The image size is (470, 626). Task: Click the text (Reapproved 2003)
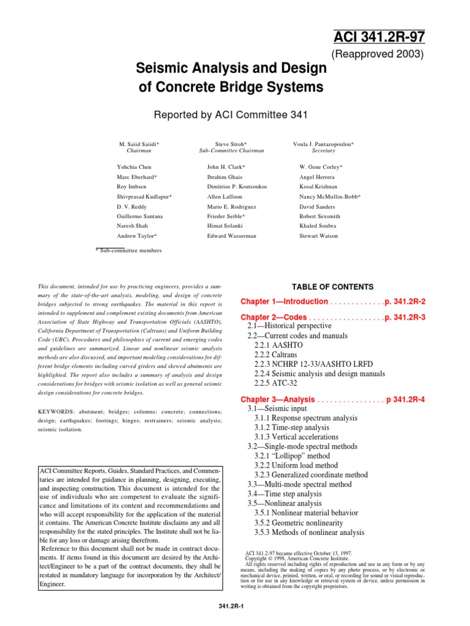[378, 54]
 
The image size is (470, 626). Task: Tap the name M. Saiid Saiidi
[140, 144]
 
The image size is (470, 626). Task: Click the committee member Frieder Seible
[226, 216]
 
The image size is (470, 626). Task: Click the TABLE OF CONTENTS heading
[333, 287]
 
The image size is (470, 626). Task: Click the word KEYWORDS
[58, 413]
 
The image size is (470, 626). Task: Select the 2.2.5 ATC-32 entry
[275, 383]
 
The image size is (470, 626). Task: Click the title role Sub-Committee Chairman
[231, 150]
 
